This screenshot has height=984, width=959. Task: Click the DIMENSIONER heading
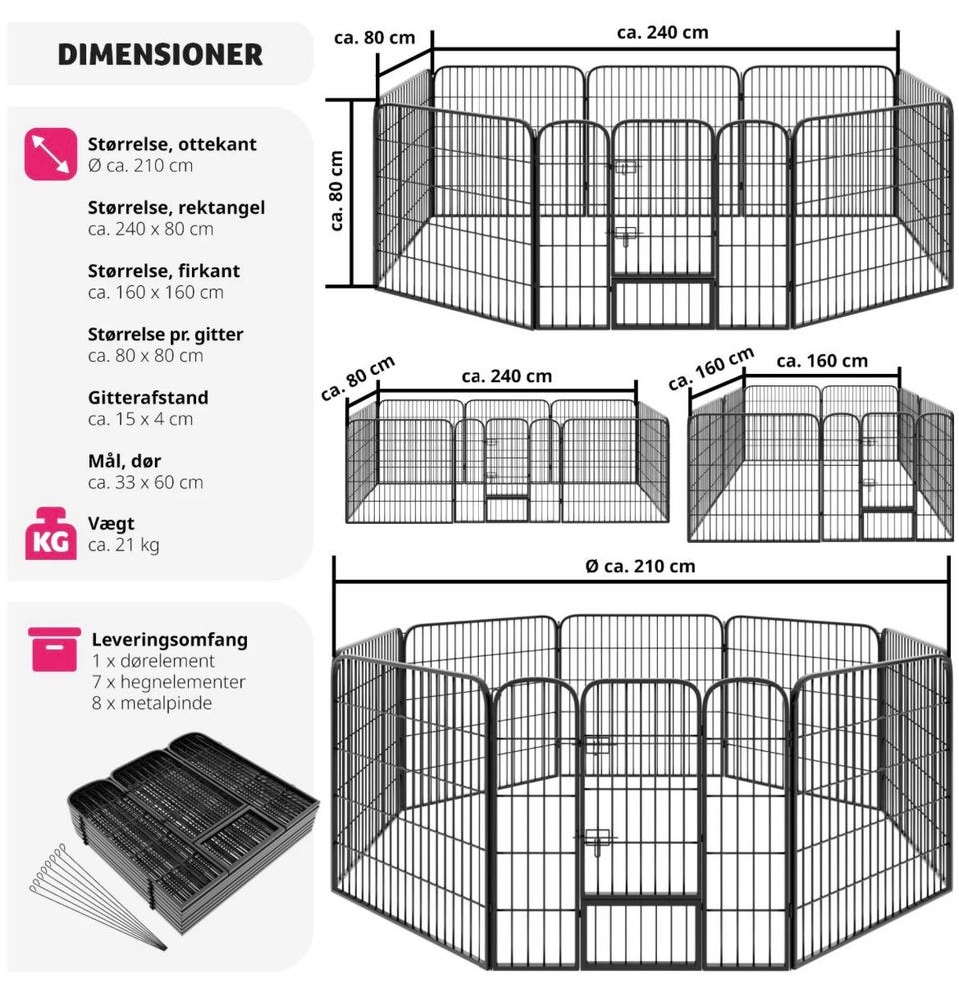160,55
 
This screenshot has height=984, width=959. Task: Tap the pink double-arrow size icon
51,154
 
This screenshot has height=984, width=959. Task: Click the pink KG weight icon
51,534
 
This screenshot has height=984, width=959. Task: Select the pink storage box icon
54,649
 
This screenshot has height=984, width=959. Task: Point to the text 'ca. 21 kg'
124,545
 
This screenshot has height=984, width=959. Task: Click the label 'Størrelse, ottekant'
172,144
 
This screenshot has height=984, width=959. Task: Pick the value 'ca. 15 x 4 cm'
140,419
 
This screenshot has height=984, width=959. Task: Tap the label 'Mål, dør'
124,461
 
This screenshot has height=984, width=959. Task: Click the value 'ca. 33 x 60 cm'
145,482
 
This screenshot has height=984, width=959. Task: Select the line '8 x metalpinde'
151,703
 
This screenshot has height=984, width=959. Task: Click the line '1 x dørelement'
153,660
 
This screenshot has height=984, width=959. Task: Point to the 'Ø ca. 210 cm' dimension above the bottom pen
640,566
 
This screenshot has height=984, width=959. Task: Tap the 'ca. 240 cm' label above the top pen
662,33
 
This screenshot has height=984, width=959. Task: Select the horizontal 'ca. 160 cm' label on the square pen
822,361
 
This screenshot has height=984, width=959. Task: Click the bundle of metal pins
97,896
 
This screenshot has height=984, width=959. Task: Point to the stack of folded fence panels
194,828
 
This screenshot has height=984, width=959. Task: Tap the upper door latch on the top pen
624,166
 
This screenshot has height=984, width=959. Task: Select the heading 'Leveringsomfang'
170,640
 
